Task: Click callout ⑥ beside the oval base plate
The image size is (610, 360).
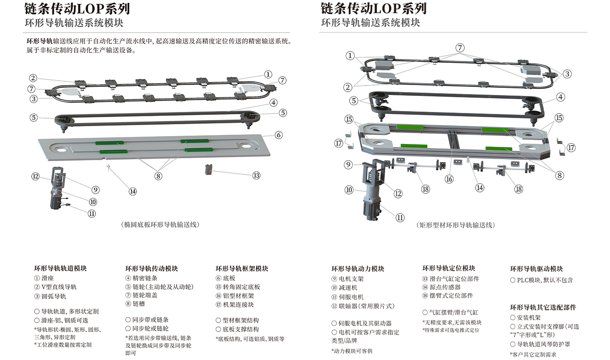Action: point(279,135)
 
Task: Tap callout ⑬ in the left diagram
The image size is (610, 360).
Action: point(256,175)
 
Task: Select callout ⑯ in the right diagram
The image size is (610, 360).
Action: point(449,179)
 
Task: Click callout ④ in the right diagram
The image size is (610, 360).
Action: point(560,97)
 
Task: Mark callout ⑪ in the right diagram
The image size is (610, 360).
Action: point(400,218)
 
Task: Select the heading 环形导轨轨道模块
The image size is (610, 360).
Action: point(60,268)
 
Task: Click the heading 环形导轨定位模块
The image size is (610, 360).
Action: point(449,268)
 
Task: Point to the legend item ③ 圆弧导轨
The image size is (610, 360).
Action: point(50,296)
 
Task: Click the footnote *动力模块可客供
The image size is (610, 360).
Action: point(352,351)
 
